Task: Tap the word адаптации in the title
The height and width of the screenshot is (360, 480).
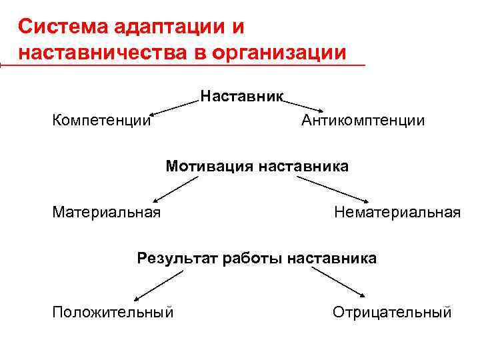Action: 162,27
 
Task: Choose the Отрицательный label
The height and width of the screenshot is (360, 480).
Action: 392,312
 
